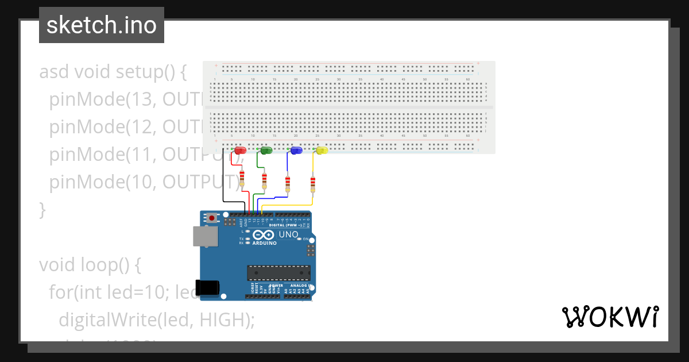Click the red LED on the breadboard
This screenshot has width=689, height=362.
click(241, 150)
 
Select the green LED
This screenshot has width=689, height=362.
click(266, 150)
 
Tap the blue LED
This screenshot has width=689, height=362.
click(296, 150)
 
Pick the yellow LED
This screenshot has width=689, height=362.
click(322, 150)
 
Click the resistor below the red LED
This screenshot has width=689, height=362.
click(242, 178)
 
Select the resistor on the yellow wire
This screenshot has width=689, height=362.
click(313, 184)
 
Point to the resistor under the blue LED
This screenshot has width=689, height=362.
click(288, 184)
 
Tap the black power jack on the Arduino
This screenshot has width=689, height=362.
click(207, 287)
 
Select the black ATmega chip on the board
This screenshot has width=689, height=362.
click(278, 274)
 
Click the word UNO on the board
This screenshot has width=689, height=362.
click(288, 234)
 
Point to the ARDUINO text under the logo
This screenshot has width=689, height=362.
click(264, 243)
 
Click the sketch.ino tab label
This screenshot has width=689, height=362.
click(101, 25)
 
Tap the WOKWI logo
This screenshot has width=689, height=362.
click(610, 317)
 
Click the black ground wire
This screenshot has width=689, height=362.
click(223, 184)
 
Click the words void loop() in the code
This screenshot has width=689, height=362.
click(90, 265)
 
